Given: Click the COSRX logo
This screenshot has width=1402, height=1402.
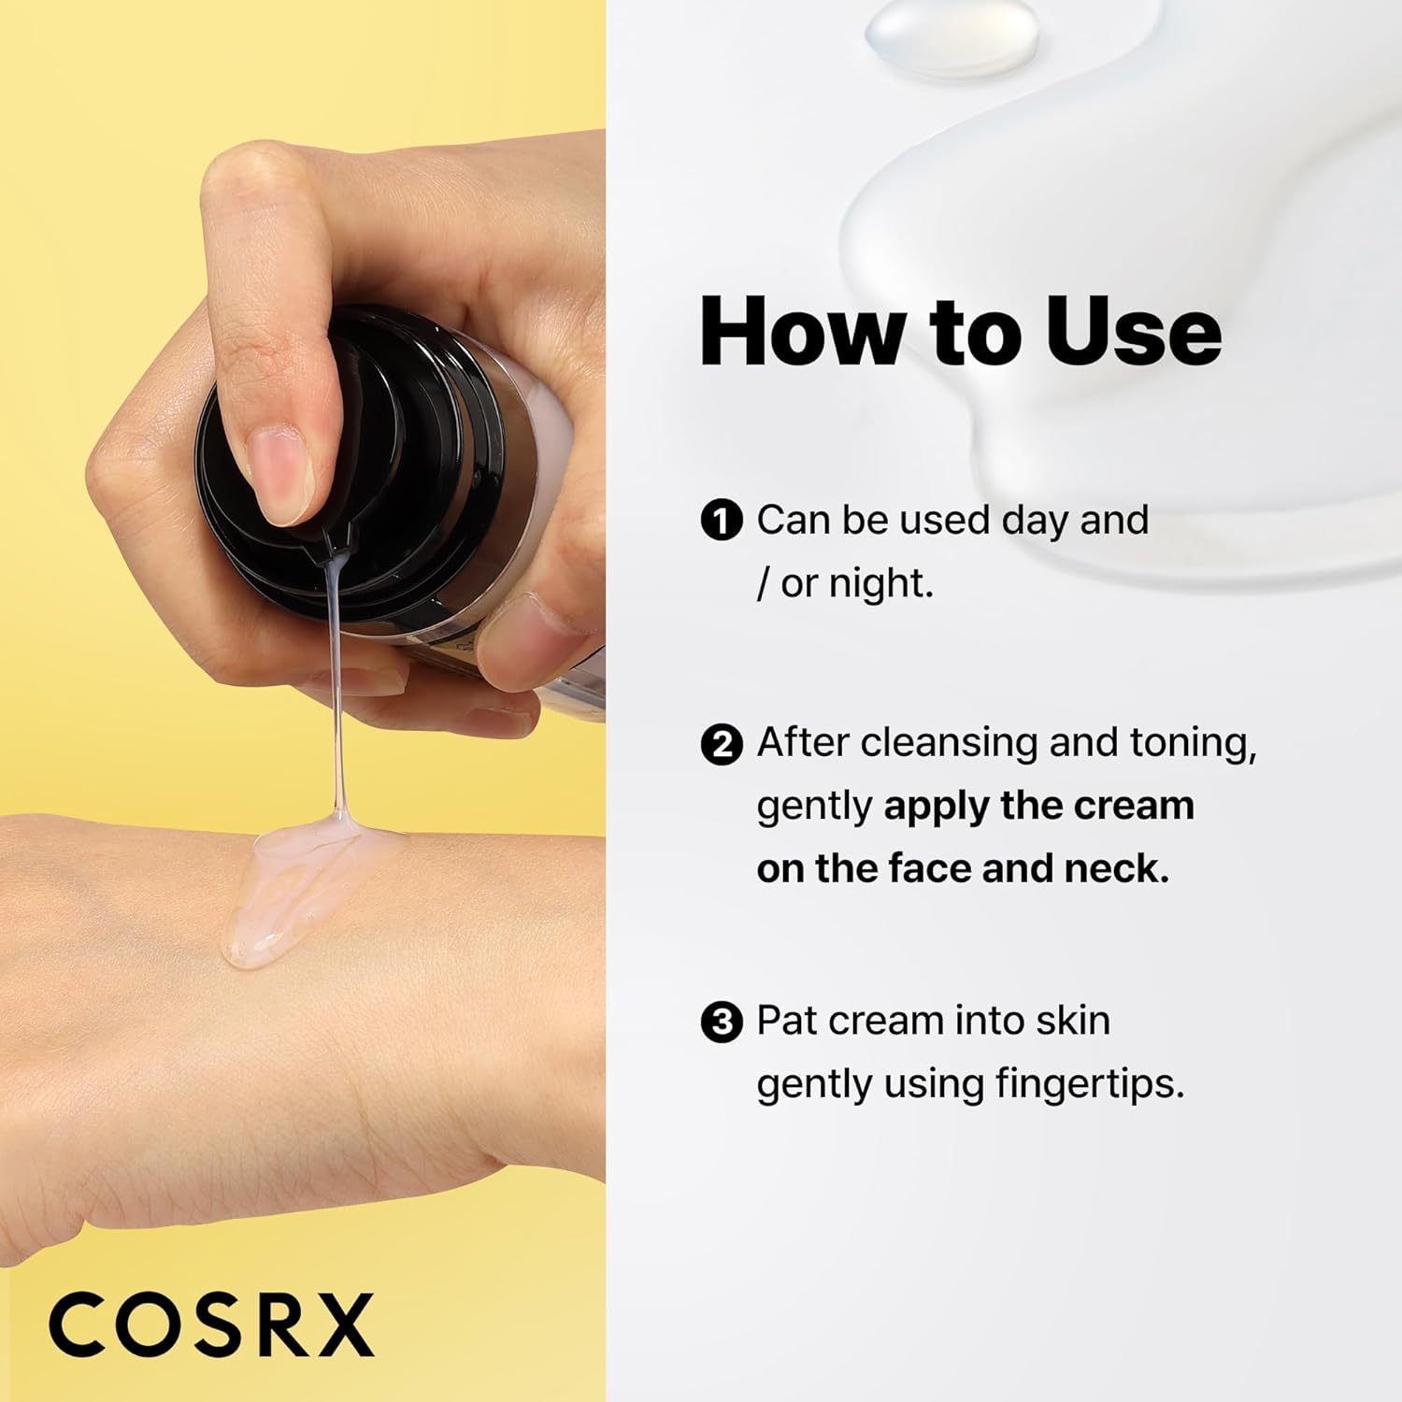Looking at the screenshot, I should pos(211,1324).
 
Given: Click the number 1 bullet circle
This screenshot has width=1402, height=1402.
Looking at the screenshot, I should pos(721,521).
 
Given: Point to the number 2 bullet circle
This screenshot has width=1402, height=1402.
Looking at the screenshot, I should pos(721,745).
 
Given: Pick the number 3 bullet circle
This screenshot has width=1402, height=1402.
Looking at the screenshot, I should pos(721,1022).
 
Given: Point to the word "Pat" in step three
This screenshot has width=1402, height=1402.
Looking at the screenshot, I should pos(787,1021).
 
